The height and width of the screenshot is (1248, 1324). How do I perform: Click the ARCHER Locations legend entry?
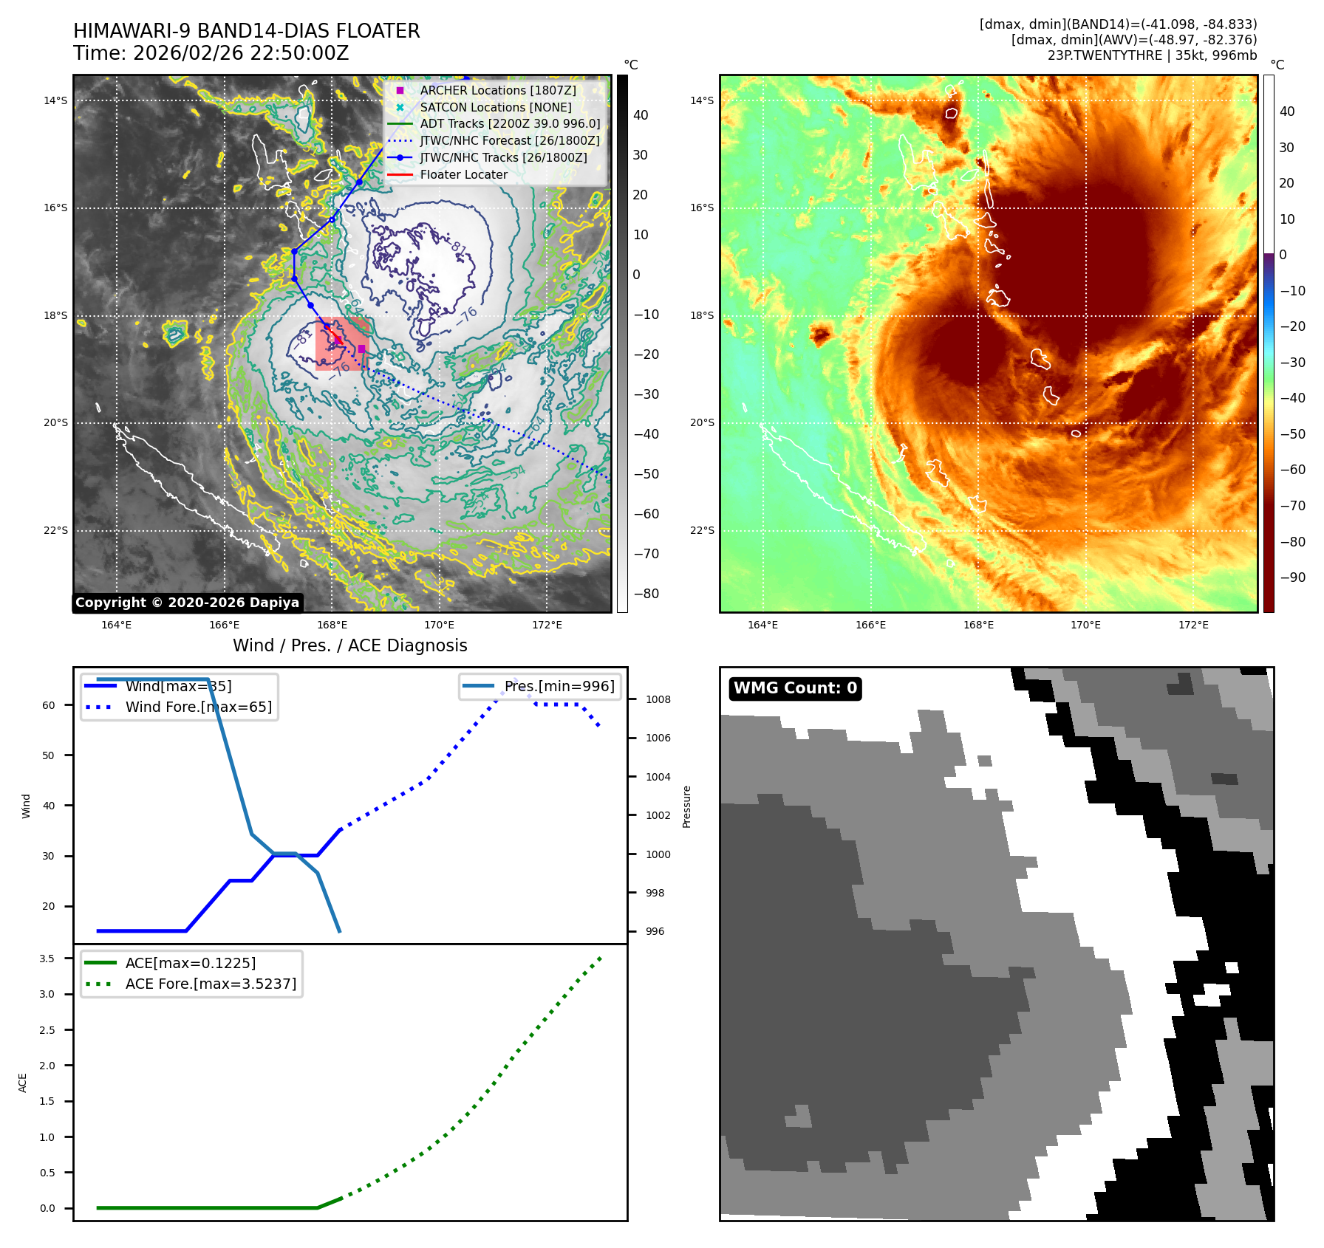(x=497, y=90)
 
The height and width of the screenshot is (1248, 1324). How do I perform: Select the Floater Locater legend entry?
(x=463, y=175)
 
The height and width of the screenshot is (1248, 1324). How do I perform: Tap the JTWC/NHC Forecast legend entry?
(x=509, y=141)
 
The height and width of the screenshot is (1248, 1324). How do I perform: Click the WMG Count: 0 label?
(x=795, y=688)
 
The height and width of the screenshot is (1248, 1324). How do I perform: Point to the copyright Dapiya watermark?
(x=187, y=603)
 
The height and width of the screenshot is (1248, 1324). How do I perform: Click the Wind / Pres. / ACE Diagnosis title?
(x=349, y=645)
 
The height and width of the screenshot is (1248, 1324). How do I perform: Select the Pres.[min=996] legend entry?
(x=559, y=686)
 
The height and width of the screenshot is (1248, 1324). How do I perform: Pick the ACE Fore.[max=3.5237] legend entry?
(x=211, y=984)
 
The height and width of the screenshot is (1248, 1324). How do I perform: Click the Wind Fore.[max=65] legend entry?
(x=198, y=707)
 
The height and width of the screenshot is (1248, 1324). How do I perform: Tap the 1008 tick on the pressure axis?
(x=658, y=699)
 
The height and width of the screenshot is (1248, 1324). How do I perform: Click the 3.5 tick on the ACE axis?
(x=47, y=959)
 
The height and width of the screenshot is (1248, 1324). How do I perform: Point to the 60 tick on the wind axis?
(x=49, y=705)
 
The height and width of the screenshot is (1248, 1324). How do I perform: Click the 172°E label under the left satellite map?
(x=547, y=625)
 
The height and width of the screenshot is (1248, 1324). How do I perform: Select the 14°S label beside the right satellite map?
(x=702, y=100)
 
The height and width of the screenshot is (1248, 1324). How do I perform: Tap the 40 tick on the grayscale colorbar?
(x=641, y=115)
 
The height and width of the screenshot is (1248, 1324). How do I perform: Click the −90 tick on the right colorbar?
(x=1292, y=577)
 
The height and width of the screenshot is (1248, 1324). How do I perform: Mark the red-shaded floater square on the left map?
(x=342, y=343)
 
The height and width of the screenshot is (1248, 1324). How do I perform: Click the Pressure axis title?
(x=686, y=806)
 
